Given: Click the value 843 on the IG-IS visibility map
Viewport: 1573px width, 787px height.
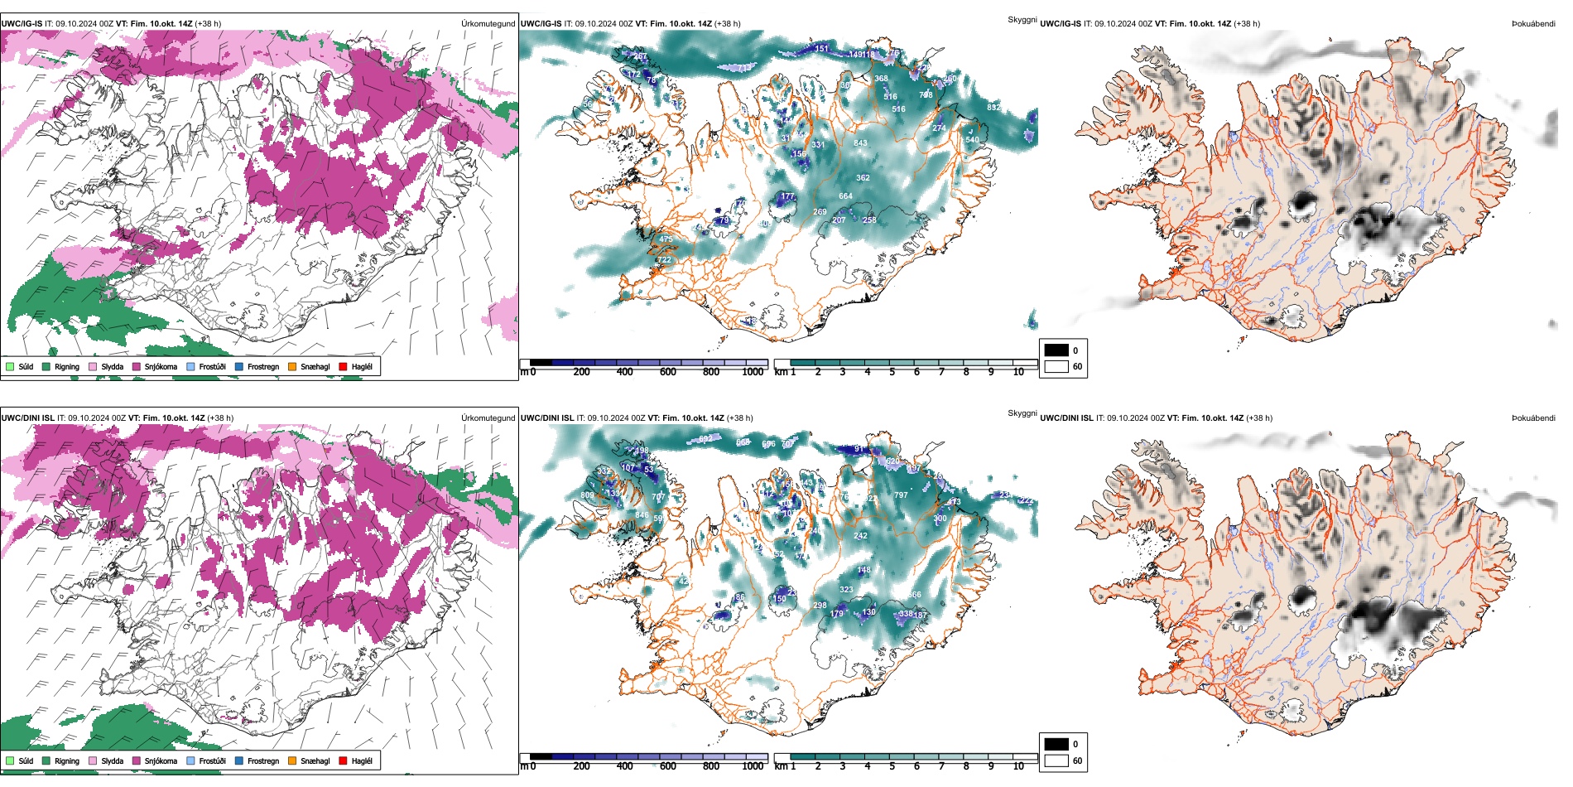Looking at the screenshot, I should pos(861,143).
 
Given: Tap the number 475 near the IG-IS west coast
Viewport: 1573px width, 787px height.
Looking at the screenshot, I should pos(666,239).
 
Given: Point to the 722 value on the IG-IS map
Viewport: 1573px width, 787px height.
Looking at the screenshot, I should pos(664,260).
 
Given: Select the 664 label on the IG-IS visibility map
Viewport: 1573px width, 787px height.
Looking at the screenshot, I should pos(845,196).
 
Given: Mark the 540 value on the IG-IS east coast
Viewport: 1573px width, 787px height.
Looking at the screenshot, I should pos(972,140).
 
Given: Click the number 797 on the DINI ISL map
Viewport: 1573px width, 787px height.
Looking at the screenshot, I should pos(901,495).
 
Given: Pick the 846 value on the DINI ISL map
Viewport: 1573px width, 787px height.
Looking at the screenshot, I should pos(642,515).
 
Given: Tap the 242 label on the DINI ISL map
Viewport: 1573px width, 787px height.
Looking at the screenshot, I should pos(861,536).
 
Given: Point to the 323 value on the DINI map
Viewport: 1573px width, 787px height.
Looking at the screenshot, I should pos(846,590).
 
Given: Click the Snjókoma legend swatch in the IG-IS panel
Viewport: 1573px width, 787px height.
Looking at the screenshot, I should pos(137,367).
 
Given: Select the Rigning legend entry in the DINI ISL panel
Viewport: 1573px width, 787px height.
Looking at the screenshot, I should pos(46,760).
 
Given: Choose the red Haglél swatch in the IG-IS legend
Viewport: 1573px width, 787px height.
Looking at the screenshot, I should pos(343,367).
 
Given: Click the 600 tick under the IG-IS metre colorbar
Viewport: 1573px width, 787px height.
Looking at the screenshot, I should pos(668,372).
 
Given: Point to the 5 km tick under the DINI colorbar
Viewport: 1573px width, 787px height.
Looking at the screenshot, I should pos(892,766).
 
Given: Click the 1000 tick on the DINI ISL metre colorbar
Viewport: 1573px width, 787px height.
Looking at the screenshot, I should pos(753,766).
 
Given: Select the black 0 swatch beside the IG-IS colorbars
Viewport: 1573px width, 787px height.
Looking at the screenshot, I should pos(1056,350).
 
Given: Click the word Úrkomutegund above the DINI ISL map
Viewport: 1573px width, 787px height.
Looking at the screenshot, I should pos(488,418).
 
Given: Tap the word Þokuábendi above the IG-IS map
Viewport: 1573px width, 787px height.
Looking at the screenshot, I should pos(1533,24).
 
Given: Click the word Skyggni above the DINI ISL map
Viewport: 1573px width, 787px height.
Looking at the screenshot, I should pos(1022,413).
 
